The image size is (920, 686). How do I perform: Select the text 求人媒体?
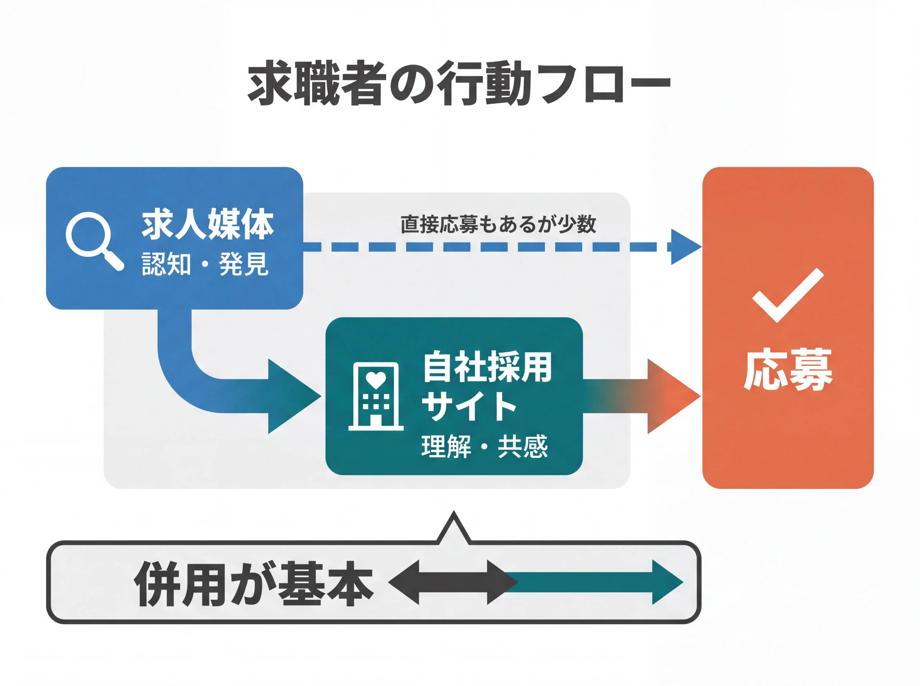(207, 224)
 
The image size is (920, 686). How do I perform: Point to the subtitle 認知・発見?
(205, 264)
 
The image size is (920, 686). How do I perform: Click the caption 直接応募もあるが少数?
(498, 224)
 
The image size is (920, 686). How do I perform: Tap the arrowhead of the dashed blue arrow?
(685, 247)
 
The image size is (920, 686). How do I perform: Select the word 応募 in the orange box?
(787, 370)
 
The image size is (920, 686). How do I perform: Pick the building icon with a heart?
(376, 396)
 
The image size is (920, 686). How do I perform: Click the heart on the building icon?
(376, 379)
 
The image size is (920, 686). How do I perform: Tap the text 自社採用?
(487, 367)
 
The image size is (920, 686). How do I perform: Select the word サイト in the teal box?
(469, 406)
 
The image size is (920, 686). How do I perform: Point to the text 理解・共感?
(484, 447)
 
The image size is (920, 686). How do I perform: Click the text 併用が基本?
(254, 583)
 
